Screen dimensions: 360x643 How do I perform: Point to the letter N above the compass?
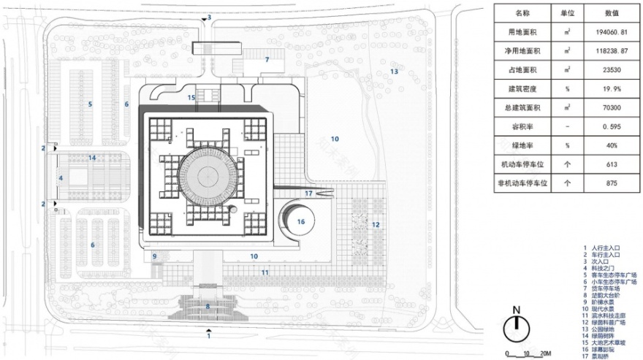click(x=516, y=309)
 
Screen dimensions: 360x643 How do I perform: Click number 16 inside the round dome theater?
click(x=300, y=221)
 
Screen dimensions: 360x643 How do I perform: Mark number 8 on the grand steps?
click(x=208, y=307)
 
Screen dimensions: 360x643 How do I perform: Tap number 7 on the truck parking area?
click(x=267, y=60)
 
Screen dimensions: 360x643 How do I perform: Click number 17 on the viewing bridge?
click(x=308, y=194)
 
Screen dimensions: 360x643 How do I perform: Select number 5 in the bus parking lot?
click(x=90, y=104)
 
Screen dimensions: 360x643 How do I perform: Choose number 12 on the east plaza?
click(x=376, y=224)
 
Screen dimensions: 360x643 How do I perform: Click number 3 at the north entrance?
click(x=209, y=18)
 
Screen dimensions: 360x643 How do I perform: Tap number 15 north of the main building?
click(x=191, y=97)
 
